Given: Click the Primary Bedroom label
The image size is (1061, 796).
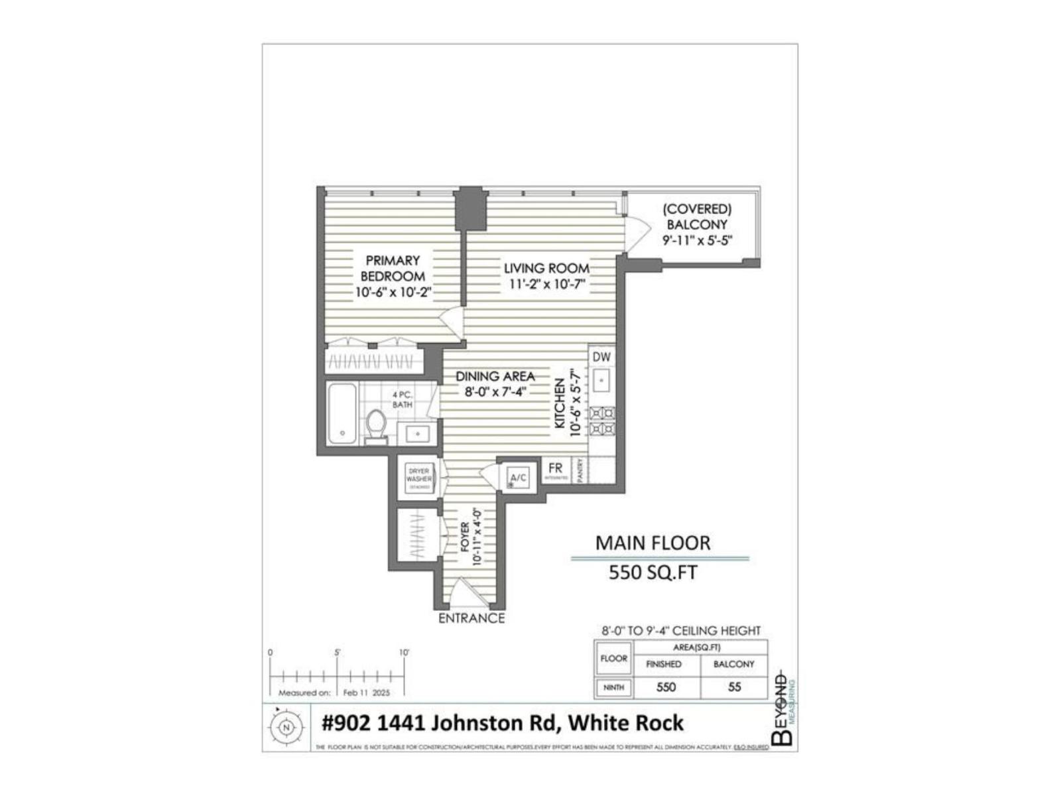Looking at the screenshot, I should (x=393, y=268).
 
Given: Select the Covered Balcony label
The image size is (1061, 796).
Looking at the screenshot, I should (x=697, y=217).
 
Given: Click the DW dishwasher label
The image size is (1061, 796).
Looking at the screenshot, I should (x=601, y=357).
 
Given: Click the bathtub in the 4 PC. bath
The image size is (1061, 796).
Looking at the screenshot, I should (x=342, y=414).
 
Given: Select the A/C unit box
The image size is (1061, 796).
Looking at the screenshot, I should (x=518, y=478).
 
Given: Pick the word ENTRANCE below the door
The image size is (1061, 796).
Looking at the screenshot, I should (x=471, y=618).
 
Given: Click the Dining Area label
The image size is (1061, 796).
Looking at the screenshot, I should (x=495, y=377).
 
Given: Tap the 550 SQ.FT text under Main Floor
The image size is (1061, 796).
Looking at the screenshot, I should (x=653, y=572).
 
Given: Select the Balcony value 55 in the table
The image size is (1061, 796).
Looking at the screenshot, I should (x=734, y=687).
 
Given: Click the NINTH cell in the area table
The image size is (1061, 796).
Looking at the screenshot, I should (x=613, y=687).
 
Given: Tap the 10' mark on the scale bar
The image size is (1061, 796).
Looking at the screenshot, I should (x=404, y=653).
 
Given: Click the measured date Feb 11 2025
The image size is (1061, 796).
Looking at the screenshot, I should (x=367, y=693).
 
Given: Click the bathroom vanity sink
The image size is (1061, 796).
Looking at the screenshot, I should (x=418, y=434).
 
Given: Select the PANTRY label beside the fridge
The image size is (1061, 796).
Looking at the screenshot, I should (x=581, y=470).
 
